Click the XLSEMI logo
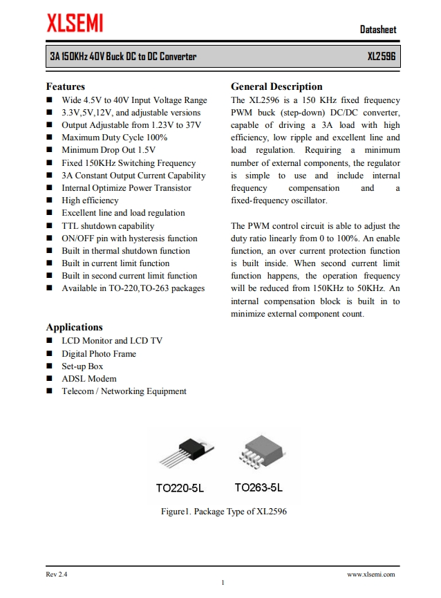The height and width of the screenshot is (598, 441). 75,24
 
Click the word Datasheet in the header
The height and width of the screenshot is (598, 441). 378,30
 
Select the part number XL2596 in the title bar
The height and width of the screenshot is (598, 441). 382,57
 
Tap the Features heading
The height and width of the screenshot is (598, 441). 66,86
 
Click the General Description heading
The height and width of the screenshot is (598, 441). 276,86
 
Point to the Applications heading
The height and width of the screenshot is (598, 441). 74,327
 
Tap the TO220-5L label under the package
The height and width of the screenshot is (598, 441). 180,488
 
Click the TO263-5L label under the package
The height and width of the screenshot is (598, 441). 259,488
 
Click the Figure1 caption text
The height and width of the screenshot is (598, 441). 223,512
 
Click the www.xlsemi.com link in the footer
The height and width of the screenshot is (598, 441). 370,574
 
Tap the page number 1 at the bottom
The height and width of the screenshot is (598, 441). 223,583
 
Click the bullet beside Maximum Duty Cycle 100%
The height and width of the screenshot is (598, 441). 50,138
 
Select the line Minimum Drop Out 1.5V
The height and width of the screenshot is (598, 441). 109,150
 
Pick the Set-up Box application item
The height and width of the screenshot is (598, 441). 82,366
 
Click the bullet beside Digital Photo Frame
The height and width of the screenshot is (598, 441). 50,354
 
